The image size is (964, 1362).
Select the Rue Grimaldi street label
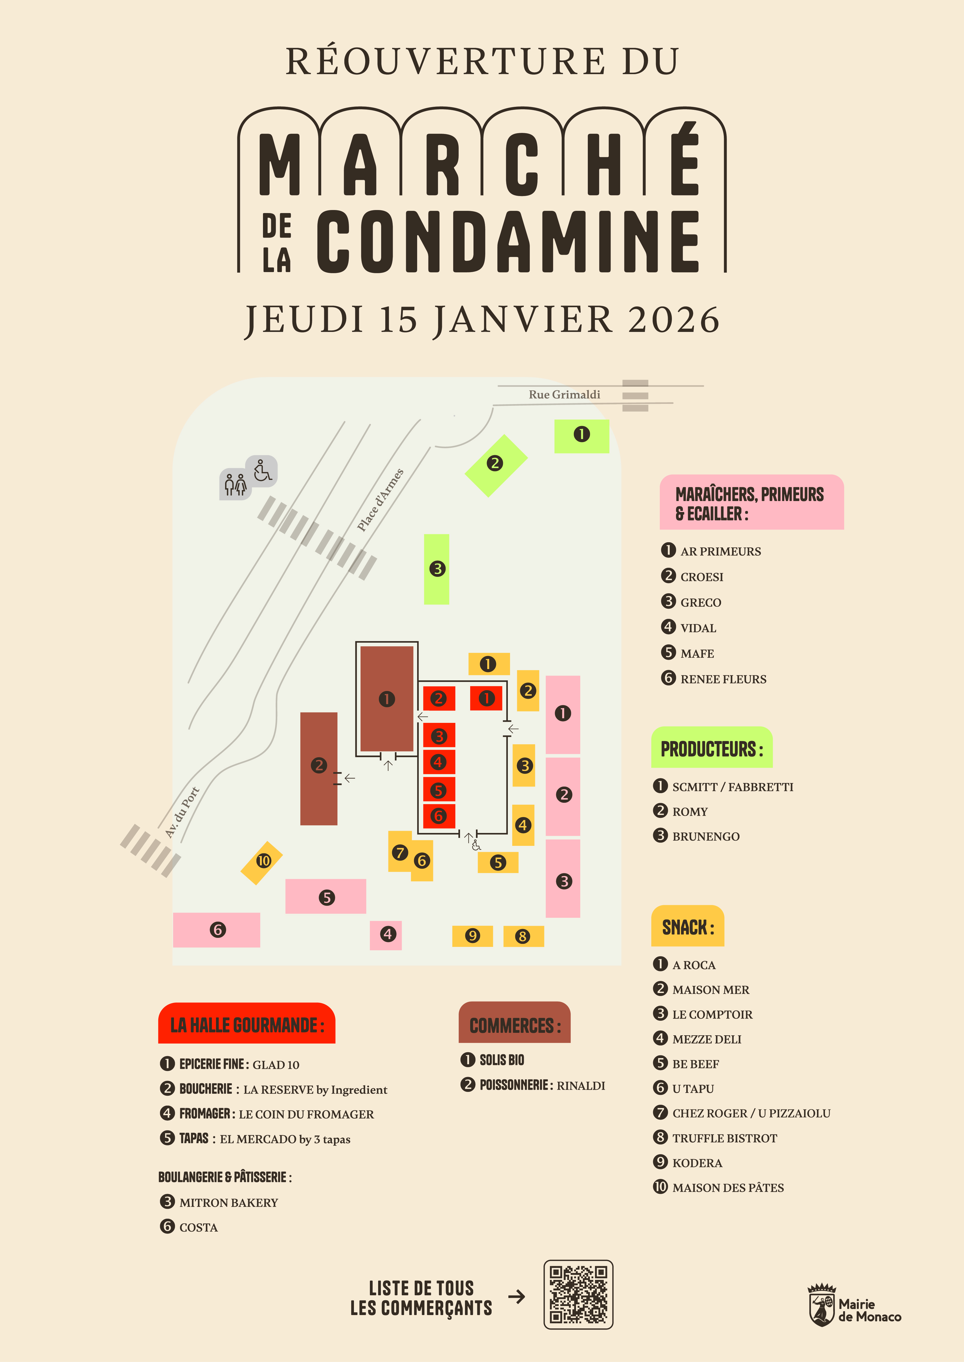click(x=564, y=395)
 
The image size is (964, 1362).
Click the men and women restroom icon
click(x=235, y=485)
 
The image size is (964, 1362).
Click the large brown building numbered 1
click(x=386, y=699)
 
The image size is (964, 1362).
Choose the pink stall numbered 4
click(x=386, y=935)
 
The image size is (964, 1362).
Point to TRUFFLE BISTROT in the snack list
click(x=724, y=1138)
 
